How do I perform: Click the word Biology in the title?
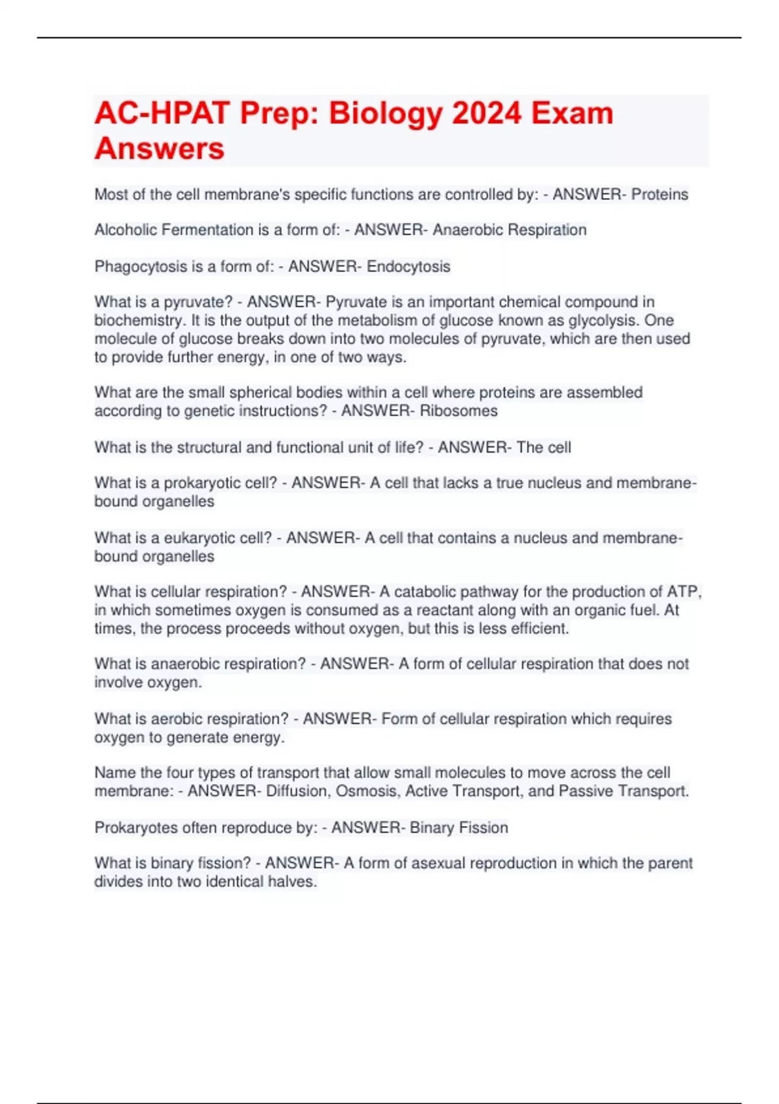click(385, 114)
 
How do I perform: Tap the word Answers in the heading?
click(159, 149)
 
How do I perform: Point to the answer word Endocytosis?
click(408, 266)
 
